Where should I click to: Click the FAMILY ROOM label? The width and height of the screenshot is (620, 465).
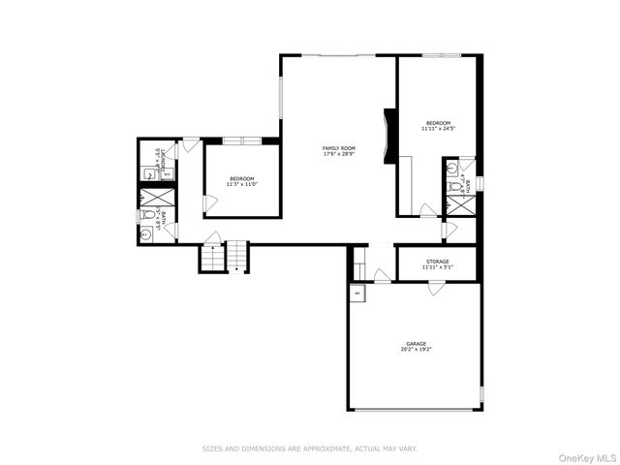(x=338, y=148)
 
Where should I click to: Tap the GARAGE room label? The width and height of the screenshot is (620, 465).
(x=415, y=344)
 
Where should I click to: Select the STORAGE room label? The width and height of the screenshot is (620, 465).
(x=436, y=261)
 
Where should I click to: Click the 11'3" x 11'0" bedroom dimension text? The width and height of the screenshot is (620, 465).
(x=241, y=184)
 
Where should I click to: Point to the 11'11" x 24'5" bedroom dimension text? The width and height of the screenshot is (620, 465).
(x=438, y=128)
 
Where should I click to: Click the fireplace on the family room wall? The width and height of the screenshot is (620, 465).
(x=389, y=139)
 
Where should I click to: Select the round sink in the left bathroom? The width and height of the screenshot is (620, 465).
(x=146, y=233)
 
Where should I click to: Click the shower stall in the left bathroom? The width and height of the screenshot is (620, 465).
(x=158, y=197)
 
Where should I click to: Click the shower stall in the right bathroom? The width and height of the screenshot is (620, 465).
(x=455, y=204)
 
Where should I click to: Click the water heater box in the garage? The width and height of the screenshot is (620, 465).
(x=357, y=293)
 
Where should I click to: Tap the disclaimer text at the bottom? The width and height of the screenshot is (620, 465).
(x=309, y=449)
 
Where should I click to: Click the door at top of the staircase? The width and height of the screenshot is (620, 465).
(x=211, y=238)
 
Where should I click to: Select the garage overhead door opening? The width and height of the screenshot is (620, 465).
(x=415, y=410)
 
